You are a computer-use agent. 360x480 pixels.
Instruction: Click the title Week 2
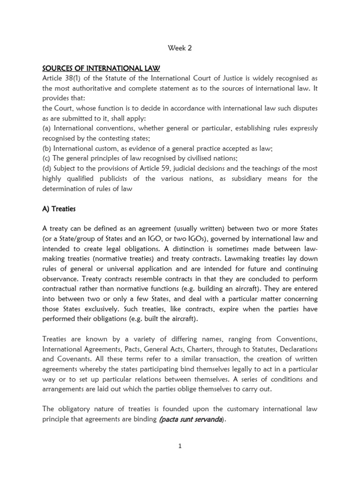point(180,47)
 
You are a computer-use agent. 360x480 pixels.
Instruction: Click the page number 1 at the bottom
point(180,446)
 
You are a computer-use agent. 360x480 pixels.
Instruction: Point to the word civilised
point(193,158)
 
